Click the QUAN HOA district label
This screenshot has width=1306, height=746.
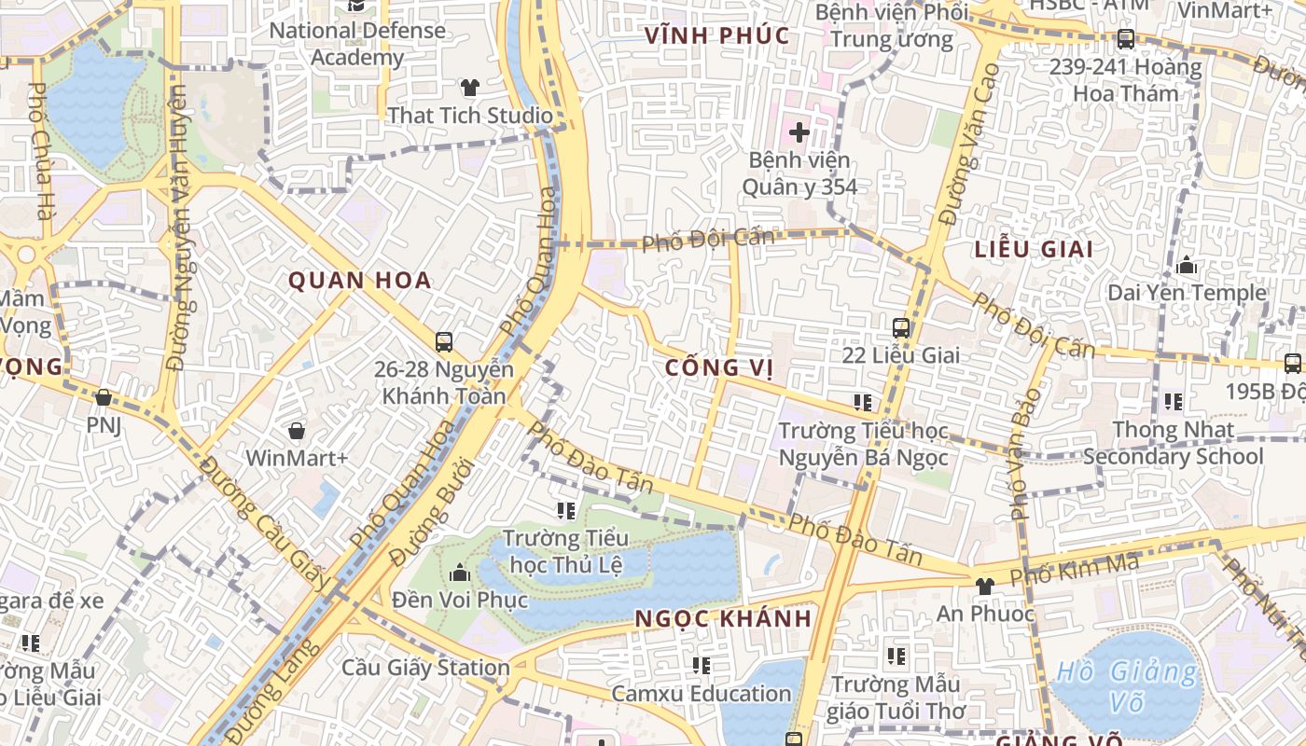point(359,280)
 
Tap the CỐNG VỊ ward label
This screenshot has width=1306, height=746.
point(718,367)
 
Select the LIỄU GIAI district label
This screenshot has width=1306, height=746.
point(1034,249)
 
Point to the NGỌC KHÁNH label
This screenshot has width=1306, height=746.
point(723,618)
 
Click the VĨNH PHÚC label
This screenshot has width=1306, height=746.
point(717,36)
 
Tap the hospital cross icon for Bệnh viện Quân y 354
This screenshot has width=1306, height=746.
point(799,132)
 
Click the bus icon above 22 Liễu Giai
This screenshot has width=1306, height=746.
point(900,328)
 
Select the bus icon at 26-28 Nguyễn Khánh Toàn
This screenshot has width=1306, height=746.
point(444,342)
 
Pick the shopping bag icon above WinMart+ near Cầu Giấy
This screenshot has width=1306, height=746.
point(297,431)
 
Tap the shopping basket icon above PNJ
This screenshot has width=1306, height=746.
point(104,398)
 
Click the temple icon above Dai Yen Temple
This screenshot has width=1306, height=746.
point(1187,266)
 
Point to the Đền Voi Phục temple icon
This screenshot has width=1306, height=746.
point(459,573)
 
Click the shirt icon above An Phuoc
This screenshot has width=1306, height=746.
point(984,586)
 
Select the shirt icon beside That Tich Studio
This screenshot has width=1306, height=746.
point(470,89)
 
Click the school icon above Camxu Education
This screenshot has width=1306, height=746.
point(702,666)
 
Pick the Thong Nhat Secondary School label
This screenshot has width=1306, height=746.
point(1173,444)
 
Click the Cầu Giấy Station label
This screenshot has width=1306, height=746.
point(425,668)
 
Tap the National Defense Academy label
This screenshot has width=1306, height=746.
point(357,44)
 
